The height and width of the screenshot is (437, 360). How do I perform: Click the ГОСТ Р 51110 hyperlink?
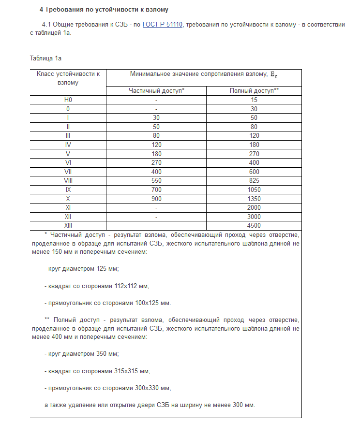point(163,24)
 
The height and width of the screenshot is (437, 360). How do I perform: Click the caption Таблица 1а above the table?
point(46,58)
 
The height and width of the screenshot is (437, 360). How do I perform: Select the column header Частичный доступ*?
point(156,90)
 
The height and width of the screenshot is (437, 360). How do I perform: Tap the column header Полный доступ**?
point(254,90)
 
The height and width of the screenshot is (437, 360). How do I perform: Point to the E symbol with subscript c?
point(273,74)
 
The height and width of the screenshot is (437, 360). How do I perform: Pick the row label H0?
point(68,100)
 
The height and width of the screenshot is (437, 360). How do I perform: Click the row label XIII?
point(68,225)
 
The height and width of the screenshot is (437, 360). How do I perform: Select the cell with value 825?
point(254,180)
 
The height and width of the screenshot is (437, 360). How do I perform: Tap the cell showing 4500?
point(254,225)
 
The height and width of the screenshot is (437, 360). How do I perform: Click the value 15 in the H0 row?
point(254,100)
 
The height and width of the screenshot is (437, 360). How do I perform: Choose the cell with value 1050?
point(254,189)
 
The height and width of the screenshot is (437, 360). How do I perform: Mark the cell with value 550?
point(156,180)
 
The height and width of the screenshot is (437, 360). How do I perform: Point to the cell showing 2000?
point(254,207)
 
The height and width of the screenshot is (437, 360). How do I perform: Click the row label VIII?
point(68,180)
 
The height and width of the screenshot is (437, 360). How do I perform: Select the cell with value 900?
point(156,199)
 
